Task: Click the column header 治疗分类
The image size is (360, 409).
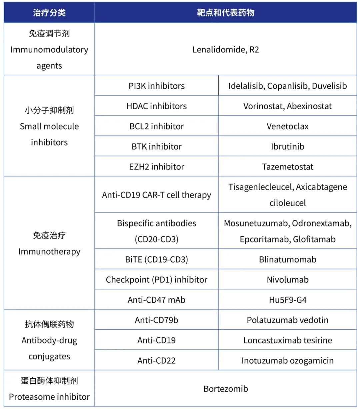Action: click(49, 13)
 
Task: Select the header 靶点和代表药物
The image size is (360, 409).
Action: click(226, 13)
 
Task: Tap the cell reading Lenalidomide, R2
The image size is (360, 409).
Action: click(226, 50)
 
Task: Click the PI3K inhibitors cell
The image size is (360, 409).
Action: click(157, 86)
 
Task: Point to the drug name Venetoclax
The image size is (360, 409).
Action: click(288, 126)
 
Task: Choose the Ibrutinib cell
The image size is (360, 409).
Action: click(288, 147)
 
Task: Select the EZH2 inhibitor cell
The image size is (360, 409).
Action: click(157, 167)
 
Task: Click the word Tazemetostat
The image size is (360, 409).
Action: click(288, 167)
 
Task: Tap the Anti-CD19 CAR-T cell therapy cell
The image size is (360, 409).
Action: click(157, 195)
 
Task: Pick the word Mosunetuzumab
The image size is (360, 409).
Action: click(256, 223)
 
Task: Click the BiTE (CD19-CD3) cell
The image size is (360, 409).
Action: click(157, 259)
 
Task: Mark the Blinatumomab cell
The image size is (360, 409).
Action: click(288, 259)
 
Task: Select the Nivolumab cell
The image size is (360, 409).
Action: click(288, 279)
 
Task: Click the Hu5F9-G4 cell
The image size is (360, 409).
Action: click(288, 300)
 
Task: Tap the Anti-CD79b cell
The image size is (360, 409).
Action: click(157, 320)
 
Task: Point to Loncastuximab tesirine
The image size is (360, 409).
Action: click(288, 340)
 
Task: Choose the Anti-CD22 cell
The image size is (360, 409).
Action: click(157, 360)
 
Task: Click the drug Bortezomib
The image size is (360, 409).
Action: click(226, 389)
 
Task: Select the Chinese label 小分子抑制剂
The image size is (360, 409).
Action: click(49, 110)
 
